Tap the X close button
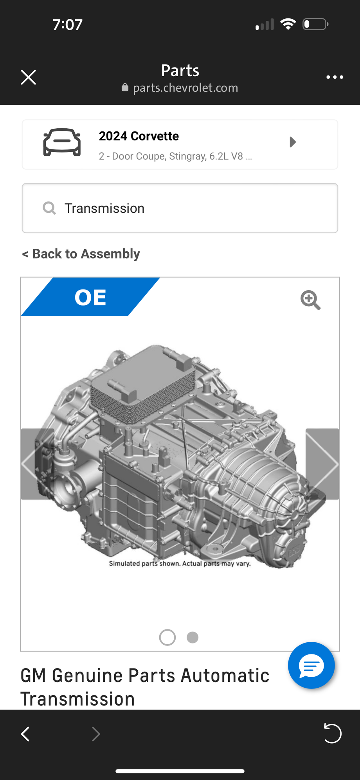[28, 77]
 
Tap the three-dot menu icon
[335, 77]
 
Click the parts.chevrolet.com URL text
[185, 88]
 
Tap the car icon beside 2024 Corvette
[62, 142]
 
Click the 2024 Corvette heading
[139, 136]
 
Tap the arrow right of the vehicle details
[293, 142]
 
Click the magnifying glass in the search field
[49, 208]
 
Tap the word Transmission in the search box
[104, 208]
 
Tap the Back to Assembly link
[81, 254]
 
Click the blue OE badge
[90, 297]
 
